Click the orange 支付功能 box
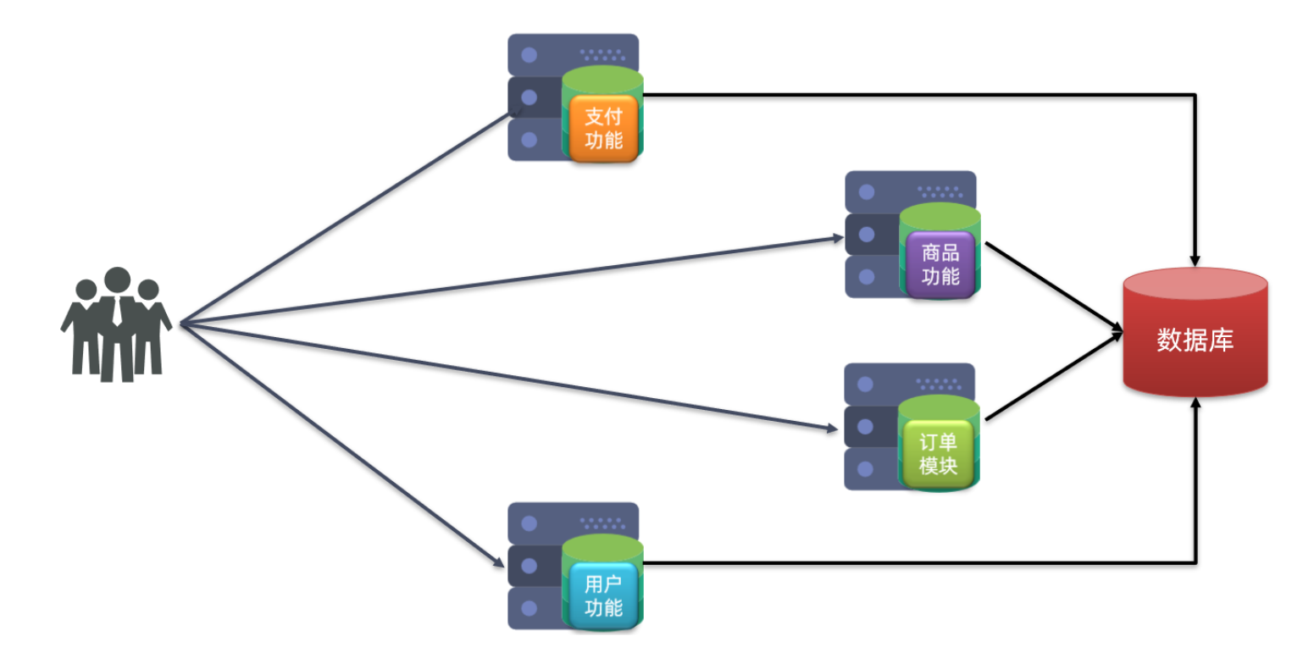603,128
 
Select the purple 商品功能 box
940,264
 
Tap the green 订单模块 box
939,454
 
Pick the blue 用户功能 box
603,595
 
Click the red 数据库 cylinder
1195,332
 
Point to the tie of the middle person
117,312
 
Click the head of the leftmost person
86,290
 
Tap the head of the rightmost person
148,290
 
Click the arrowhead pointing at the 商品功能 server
838,238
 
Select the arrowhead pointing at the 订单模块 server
832,429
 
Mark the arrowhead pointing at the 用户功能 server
499,562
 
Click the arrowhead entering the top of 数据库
1195,261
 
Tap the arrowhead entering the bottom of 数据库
1195,403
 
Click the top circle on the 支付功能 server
529,55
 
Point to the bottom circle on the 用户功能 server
529,608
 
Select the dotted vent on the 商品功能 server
940,192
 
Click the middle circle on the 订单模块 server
865,427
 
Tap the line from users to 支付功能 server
346,217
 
